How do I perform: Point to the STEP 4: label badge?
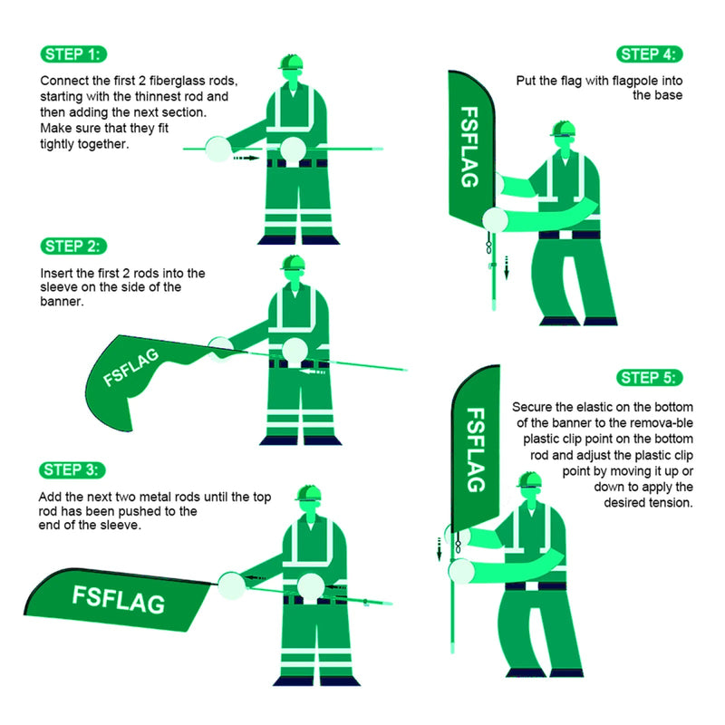coord(651,53)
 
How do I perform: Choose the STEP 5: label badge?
coord(651,378)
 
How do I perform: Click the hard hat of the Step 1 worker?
coord(291,62)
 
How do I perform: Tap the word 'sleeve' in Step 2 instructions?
coord(62,287)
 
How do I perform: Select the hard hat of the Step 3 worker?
coord(310,493)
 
